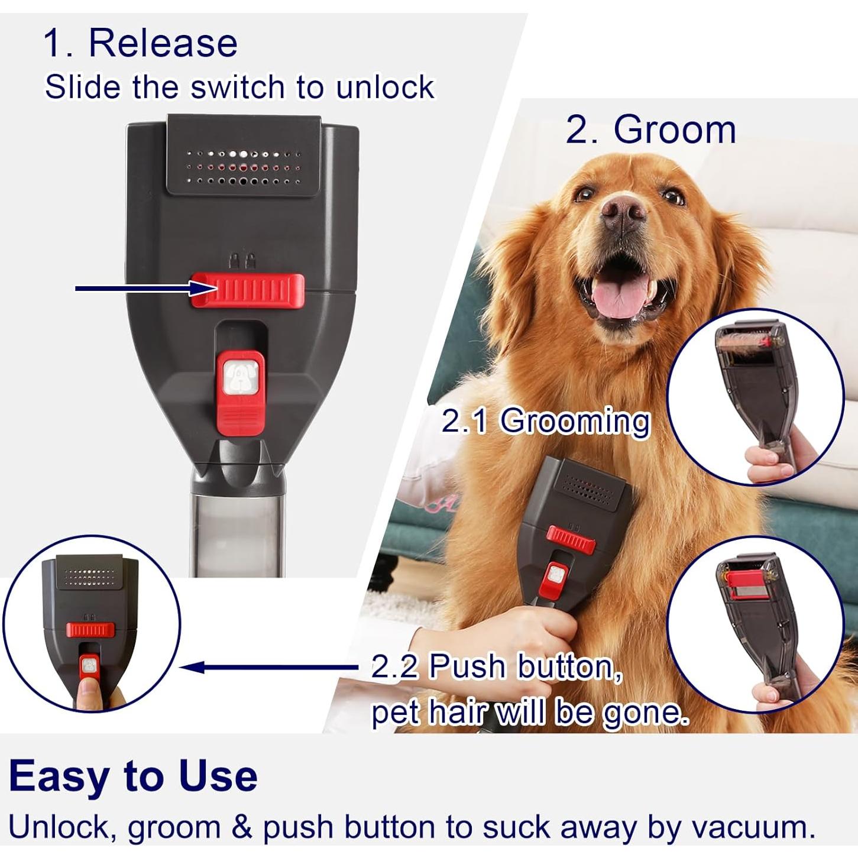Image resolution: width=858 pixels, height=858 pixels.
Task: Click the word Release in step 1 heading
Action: coord(163,43)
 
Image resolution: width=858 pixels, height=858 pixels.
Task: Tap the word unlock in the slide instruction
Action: coord(385,88)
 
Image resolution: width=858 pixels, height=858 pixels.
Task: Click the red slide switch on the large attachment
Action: coord(247,290)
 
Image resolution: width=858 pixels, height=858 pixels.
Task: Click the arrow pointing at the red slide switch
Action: coord(142,288)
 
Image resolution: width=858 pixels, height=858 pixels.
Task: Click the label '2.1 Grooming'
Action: coord(545,421)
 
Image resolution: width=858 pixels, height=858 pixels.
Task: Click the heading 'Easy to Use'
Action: coord(133,775)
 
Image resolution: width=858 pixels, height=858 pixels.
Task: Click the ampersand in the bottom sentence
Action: coord(241,827)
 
